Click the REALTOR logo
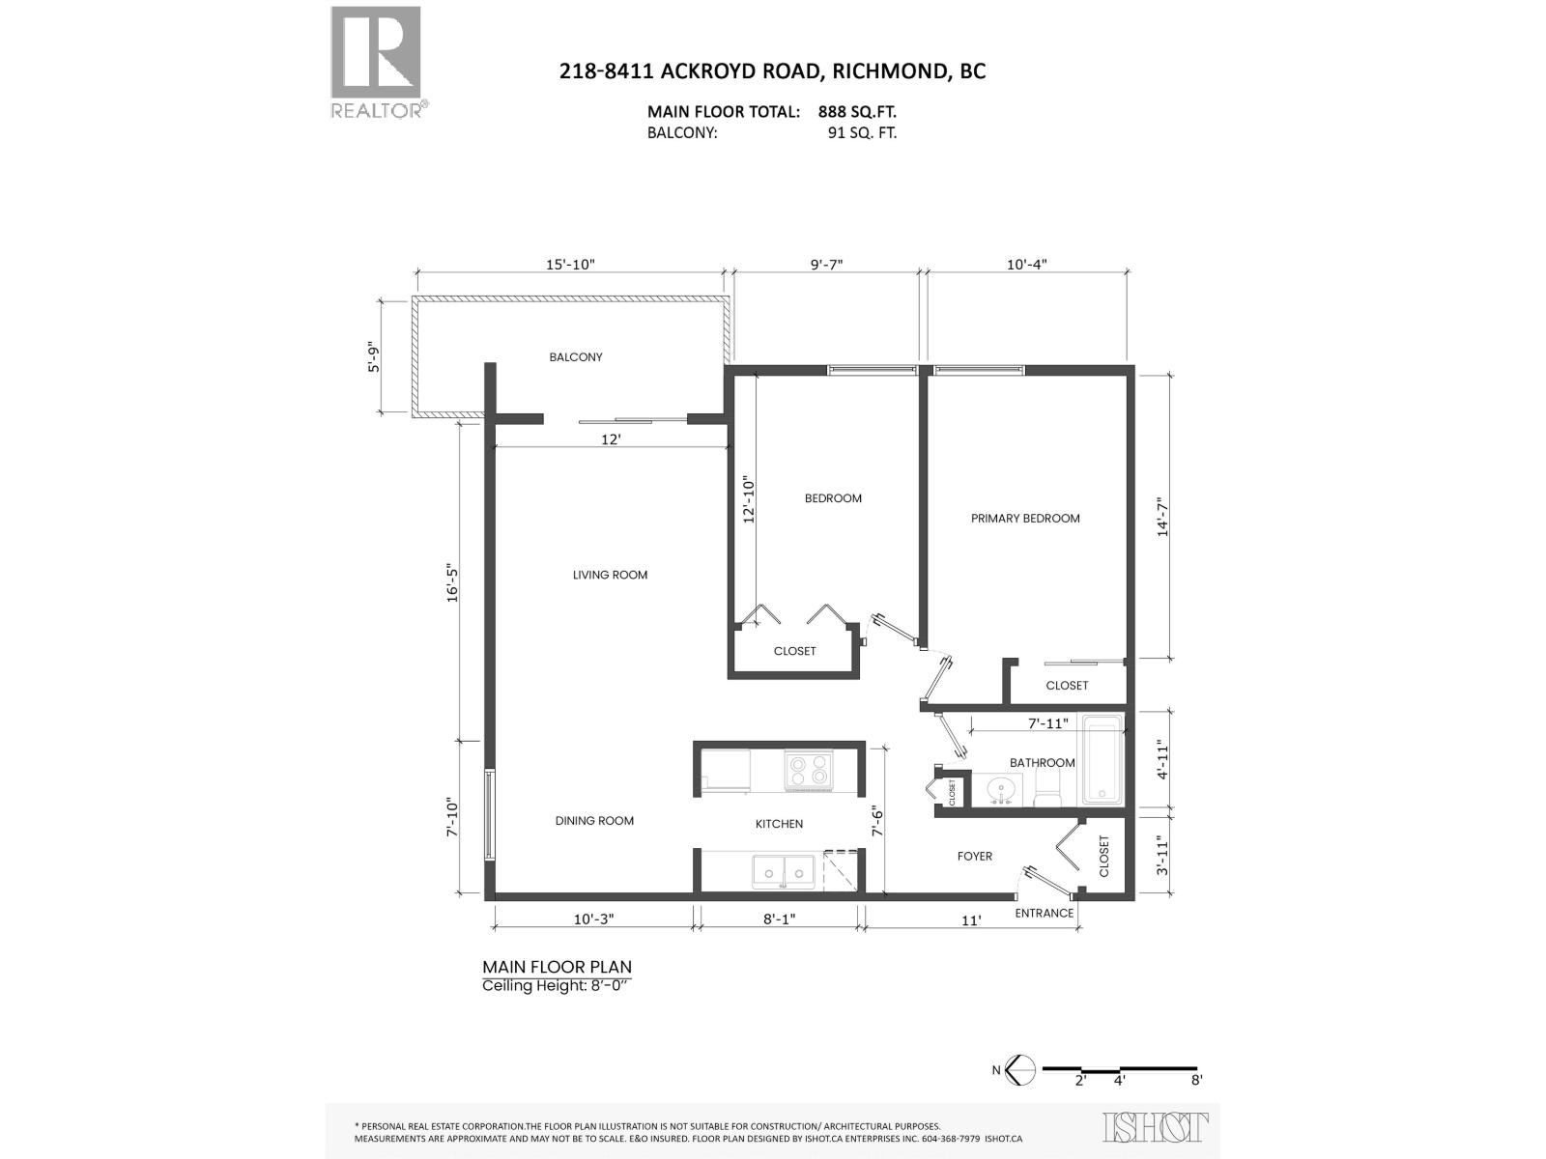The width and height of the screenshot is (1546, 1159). pyautogui.click(x=377, y=62)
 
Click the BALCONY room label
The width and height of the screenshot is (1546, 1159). pyautogui.click(x=576, y=357)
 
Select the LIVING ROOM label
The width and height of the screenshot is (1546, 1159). pyautogui.click(x=610, y=575)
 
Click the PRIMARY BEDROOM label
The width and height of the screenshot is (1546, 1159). pyautogui.click(x=1025, y=519)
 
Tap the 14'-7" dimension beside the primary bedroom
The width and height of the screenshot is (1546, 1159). pyautogui.click(x=1163, y=516)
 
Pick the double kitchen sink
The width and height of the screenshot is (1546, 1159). pyautogui.click(x=785, y=870)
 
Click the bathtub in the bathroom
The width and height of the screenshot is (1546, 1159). pyautogui.click(x=1102, y=760)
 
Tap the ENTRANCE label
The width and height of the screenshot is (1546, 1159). pyautogui.click(x=1044, y=913)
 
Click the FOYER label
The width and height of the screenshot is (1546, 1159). pyautogui.click(x=974, y=856)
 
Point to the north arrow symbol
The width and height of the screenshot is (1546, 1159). pyautogui.click(x=1020, y=1069)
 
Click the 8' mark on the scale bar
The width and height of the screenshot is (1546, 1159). pyautogui.click(x=1196, y=1081)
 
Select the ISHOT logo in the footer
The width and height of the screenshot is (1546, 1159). pyautogui.click(x=1156, y=1127)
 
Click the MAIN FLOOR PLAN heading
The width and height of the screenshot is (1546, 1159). pyautogui.click(x=557, y=967)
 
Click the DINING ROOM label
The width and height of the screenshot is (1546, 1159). pyautogui.click(x=594, y=821)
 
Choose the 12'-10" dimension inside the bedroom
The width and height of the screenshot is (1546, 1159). pyautogui.click(x=747, y=499)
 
